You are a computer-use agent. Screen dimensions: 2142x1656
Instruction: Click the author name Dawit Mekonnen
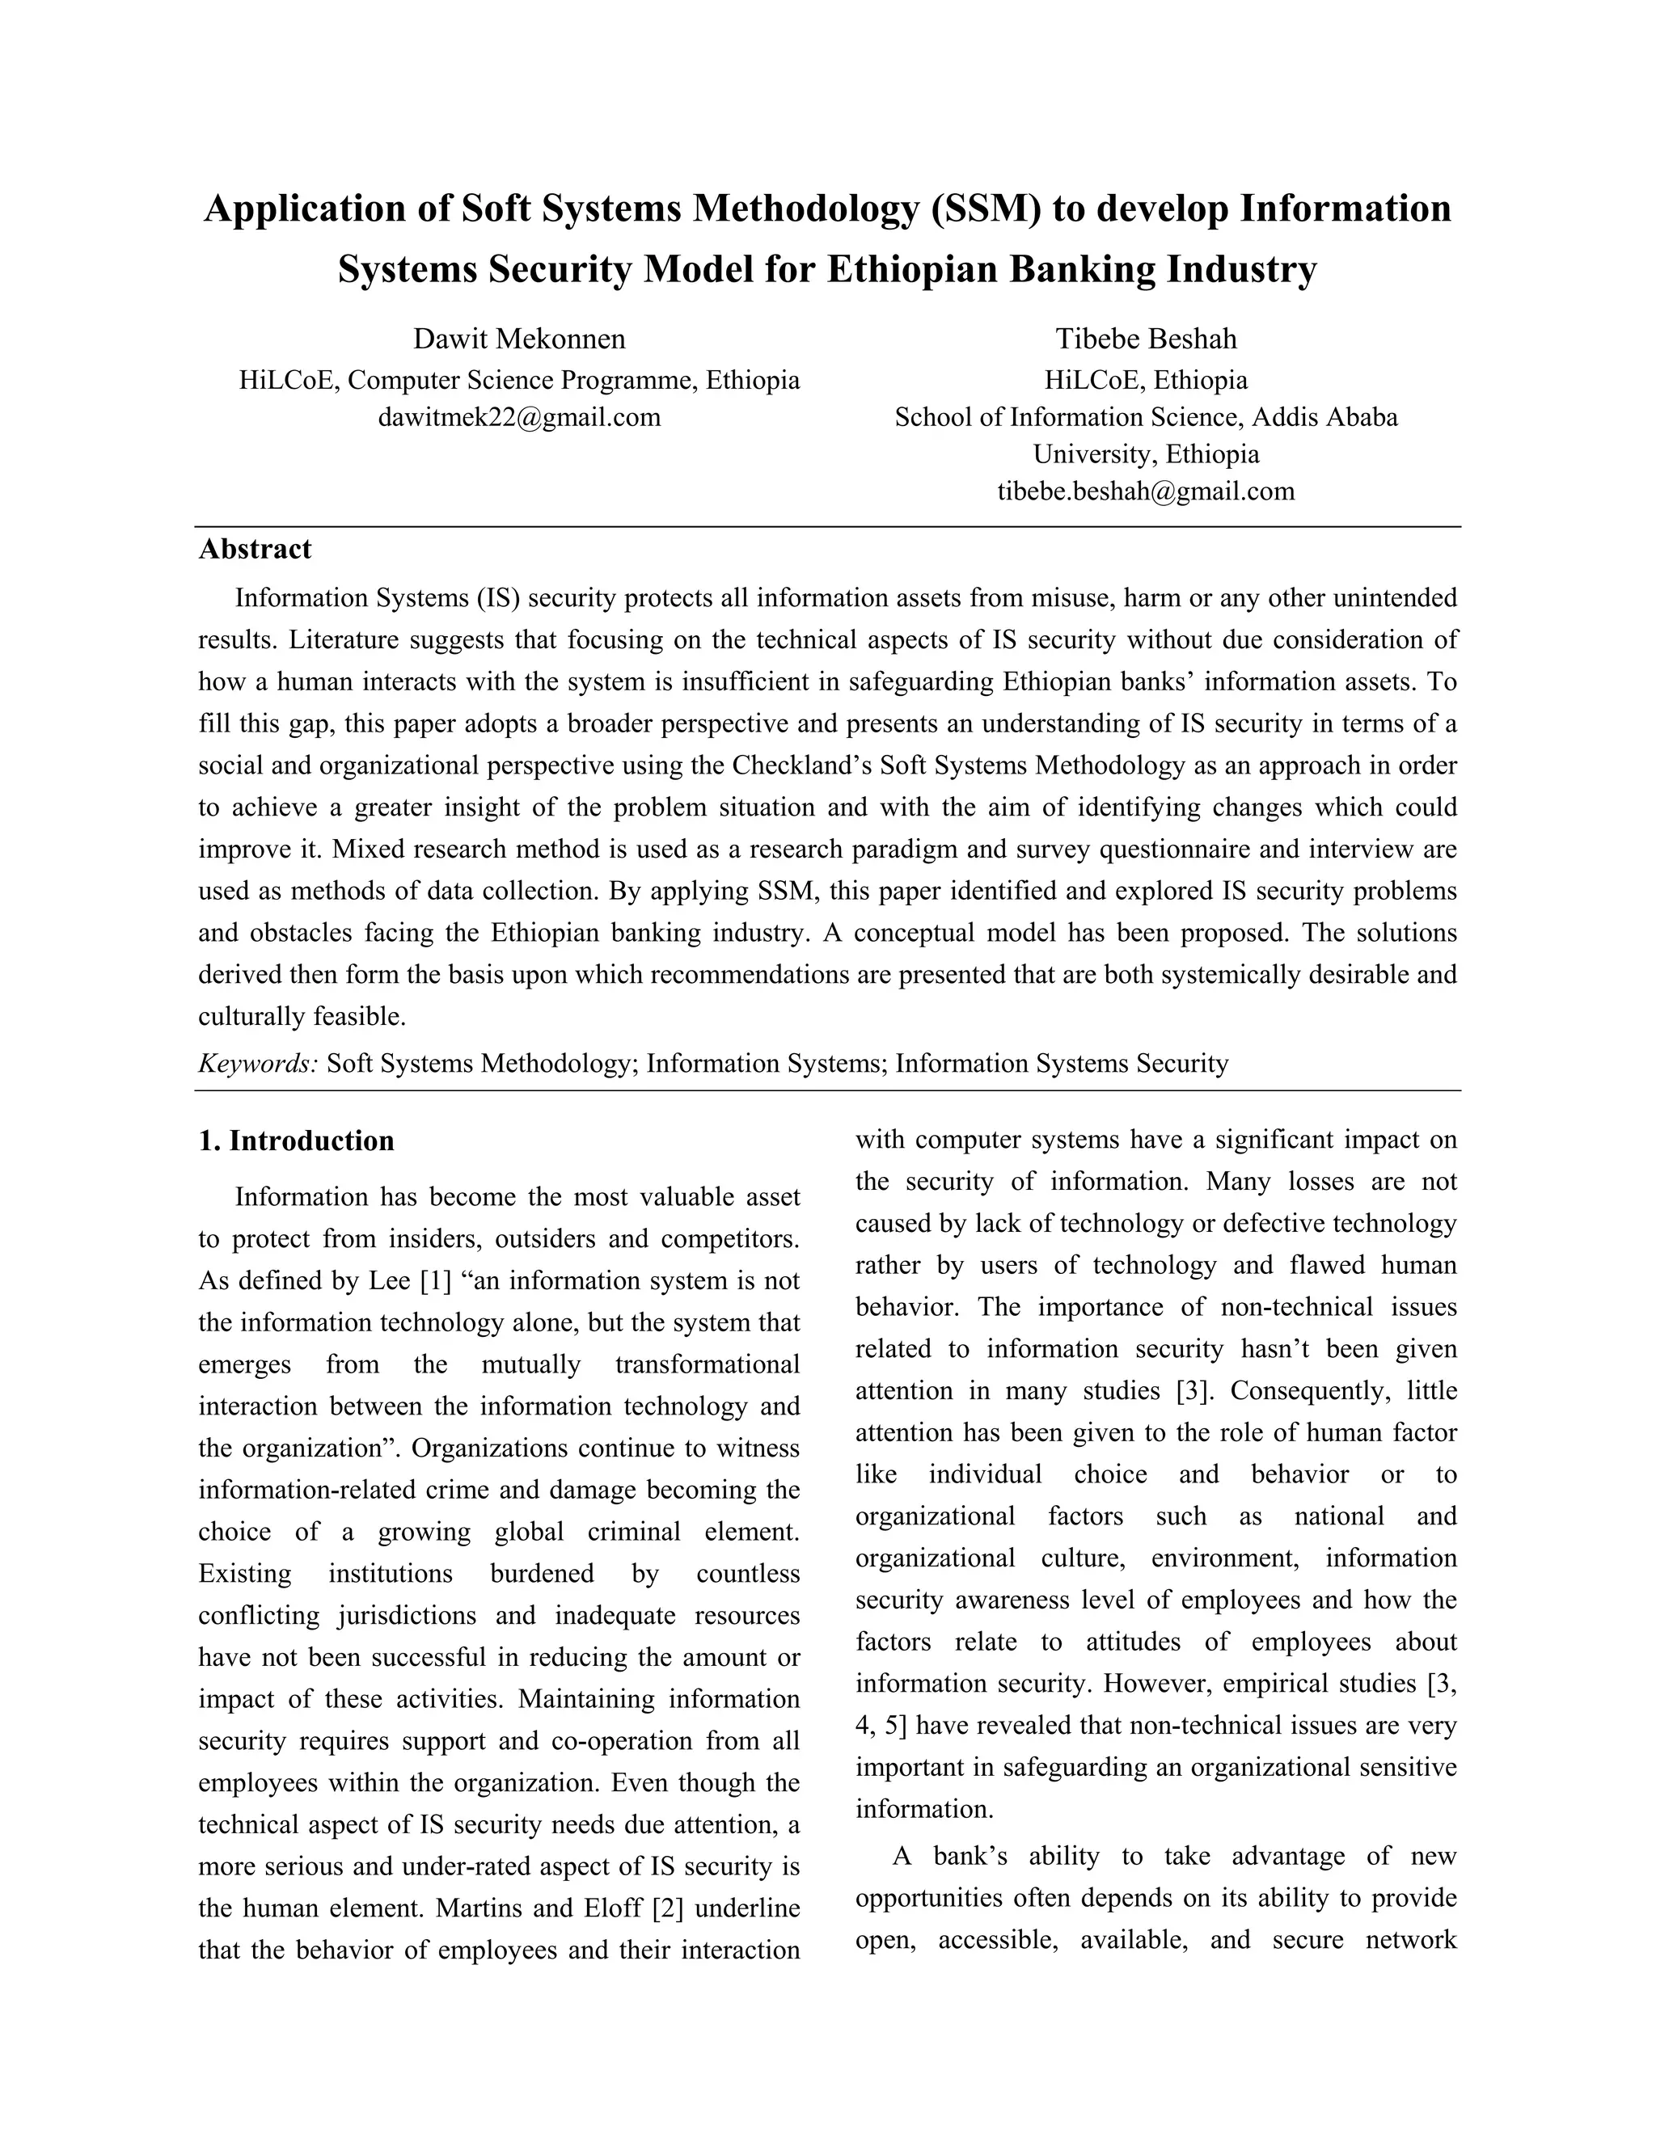click(x=519, y=339)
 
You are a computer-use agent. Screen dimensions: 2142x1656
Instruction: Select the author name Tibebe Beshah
click(x=1146, y=339)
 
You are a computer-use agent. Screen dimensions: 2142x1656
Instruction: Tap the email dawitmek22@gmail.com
click(x=519, y=418)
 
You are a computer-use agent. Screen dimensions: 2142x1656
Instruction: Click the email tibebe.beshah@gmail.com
click(x=1146, y=491)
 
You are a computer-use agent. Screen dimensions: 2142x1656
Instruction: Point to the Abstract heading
click(x=255, y=549)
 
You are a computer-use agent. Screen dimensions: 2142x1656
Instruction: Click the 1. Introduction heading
click(x=296, y=1141)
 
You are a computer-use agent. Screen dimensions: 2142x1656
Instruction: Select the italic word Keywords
click(x=258, y=1065)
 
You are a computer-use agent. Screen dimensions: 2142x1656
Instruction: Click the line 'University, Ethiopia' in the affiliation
click(x=1146, y=454)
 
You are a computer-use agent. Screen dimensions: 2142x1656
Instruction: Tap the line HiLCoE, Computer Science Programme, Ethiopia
click(x=519, y=381)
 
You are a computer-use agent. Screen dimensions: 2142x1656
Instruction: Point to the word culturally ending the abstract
click(x=252, y=1016)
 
